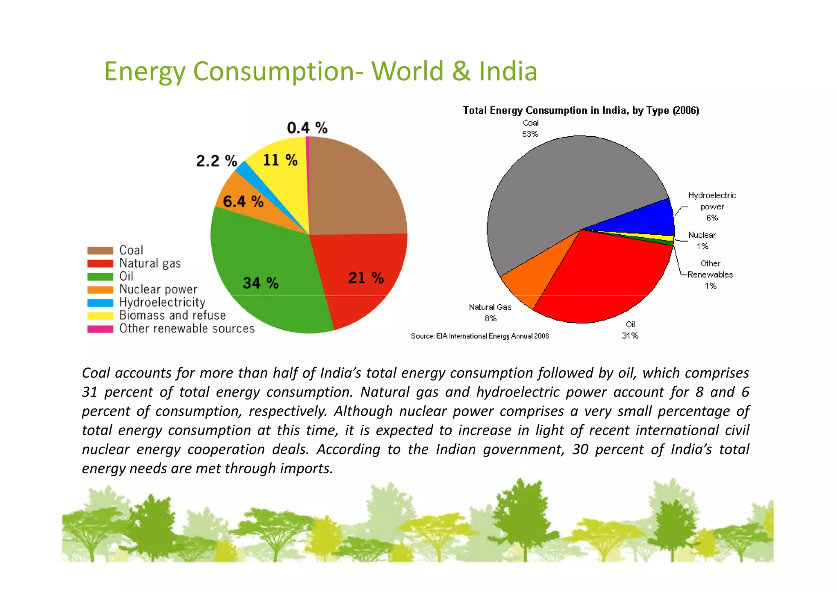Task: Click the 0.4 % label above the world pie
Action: pyautogui.click(x=307, y=128)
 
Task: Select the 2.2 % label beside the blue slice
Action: pyautogui.click(x=217, y=161)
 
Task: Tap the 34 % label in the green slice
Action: pyautogui.click(x=261, y=283)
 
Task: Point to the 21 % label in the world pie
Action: pyautogui.click(x=366, y=278)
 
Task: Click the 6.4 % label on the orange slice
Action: pyautogui.click(x=243, y=201)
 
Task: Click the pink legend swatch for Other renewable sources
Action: pyautogui.click(x=100, y=329)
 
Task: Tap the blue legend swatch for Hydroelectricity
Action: pyautogui.click(x=100, y=303)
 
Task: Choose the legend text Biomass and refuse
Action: pyautogui.click(x=172, y=315)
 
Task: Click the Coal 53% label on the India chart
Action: pyautogui.click(x=530, y=128)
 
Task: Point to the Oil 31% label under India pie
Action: pyautogui.click(x=630, y=330)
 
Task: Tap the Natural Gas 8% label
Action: pyautogui.click(x=490, y=313)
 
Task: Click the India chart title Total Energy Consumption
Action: pyautogui.click(x=580, y=110)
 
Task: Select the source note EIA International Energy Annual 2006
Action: pyautogui.click(x=480, y=336)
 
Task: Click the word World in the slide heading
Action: pyautogui.click(x=407, y=71)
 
